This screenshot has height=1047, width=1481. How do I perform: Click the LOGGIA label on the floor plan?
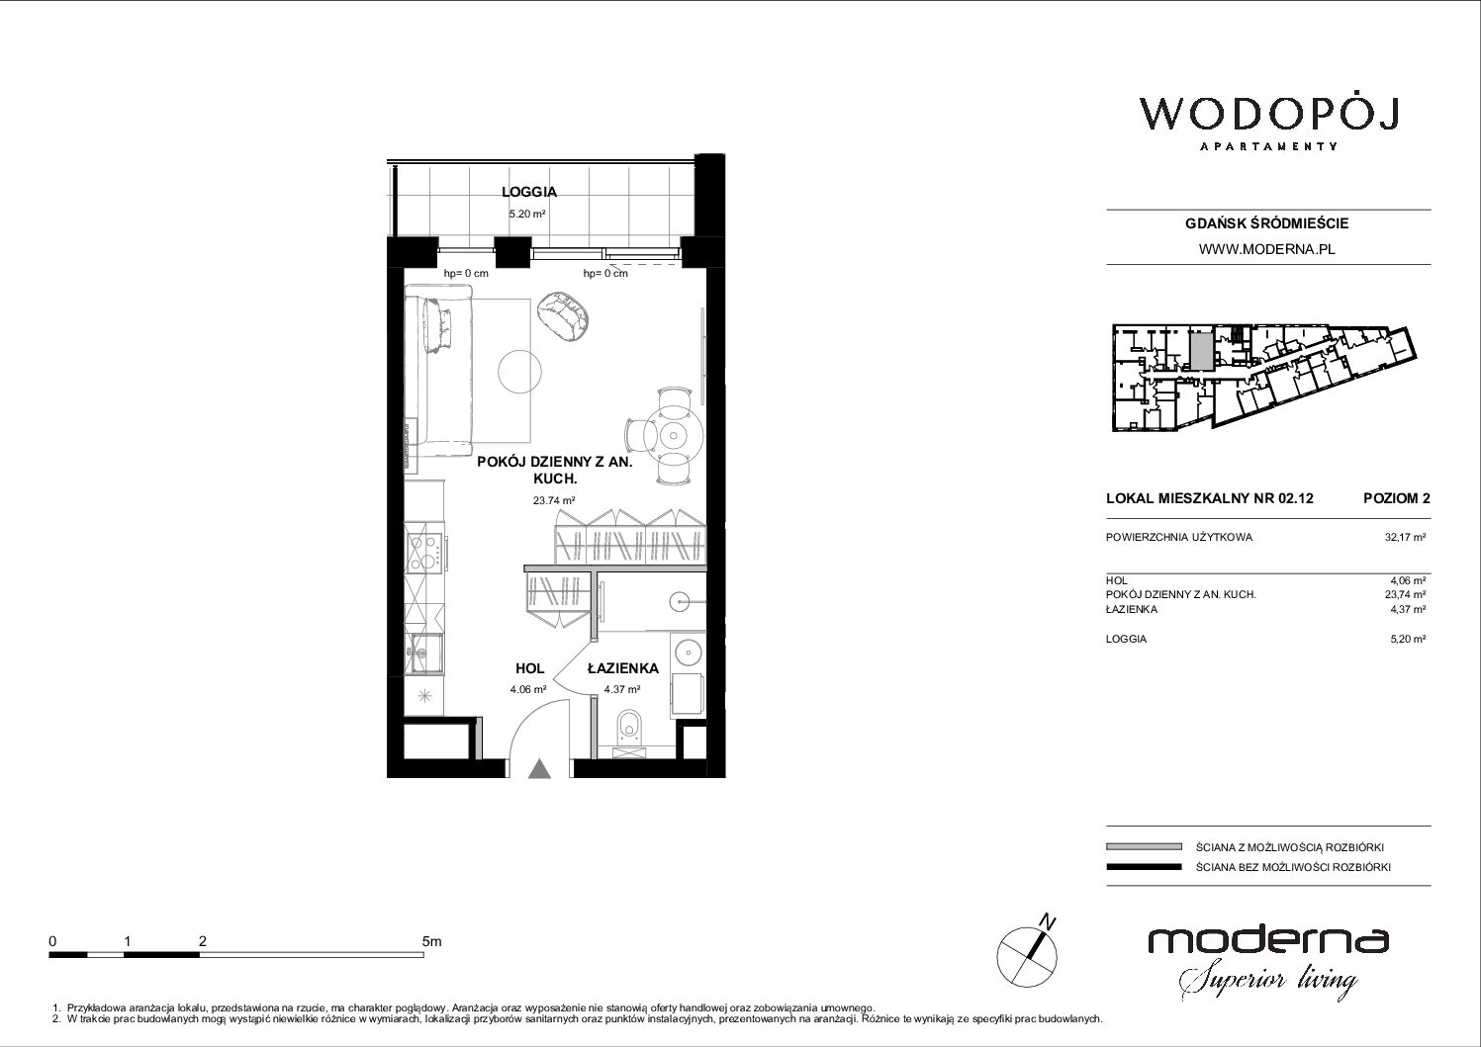pos(529,192)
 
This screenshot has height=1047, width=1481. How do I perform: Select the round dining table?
pos(674,435)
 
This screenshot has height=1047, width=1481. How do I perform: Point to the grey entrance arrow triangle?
pos(540,769)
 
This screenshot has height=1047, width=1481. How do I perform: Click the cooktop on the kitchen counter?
pos(424,553)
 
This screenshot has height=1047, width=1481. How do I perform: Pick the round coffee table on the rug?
pos(519,371)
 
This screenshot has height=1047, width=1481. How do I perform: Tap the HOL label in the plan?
pos(529,668)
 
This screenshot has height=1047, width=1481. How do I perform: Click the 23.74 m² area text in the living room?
pos(554,500)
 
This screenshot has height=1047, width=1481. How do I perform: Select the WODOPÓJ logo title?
pos(1268,116)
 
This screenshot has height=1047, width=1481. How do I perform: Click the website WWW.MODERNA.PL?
pos(1266,249)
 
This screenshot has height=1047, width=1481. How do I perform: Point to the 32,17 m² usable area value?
pos(1405,538)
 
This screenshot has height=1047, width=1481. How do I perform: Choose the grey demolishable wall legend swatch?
pos(1144,846)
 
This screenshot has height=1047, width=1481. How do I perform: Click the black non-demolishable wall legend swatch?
pos(1144,867)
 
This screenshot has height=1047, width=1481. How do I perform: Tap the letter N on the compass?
pos(1048,920)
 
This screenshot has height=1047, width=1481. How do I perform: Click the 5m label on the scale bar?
pos(431,941)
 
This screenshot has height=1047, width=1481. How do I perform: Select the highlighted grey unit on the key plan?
pos(1202,351)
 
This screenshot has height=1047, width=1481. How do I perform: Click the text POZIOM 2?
pos(1396,498)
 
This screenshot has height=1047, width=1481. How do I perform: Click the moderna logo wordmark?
pos(1268,940)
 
